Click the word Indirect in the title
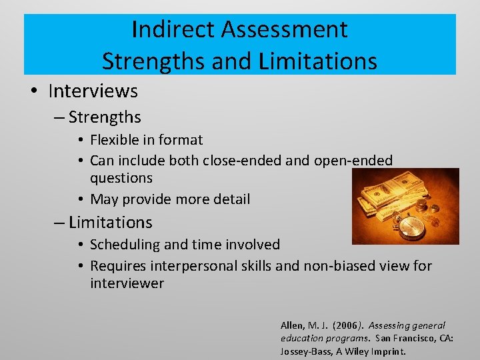175,29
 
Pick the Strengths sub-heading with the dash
104,117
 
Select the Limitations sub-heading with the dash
110,222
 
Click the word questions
121,178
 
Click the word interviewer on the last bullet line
127,283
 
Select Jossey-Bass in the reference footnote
304,351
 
